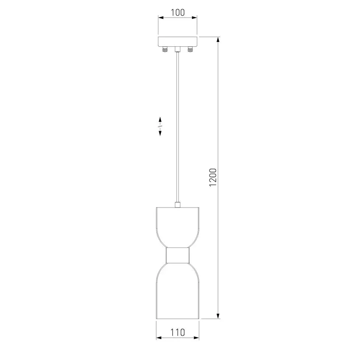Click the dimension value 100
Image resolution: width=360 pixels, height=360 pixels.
pos(178,13)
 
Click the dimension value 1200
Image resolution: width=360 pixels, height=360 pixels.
pos(213,177)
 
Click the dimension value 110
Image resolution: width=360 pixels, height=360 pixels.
pos(177,332)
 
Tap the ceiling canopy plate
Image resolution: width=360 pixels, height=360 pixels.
pos(177,41)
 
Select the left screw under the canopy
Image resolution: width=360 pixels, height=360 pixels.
pos(165,49)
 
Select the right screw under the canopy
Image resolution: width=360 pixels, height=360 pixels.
pos(190,49)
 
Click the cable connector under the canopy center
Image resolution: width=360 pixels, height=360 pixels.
pos(177,49)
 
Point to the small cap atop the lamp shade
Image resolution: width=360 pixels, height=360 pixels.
pos(177,205)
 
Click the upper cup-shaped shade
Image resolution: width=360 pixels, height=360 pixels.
pos(177,227)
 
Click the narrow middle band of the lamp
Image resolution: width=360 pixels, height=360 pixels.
pos(177,255)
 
